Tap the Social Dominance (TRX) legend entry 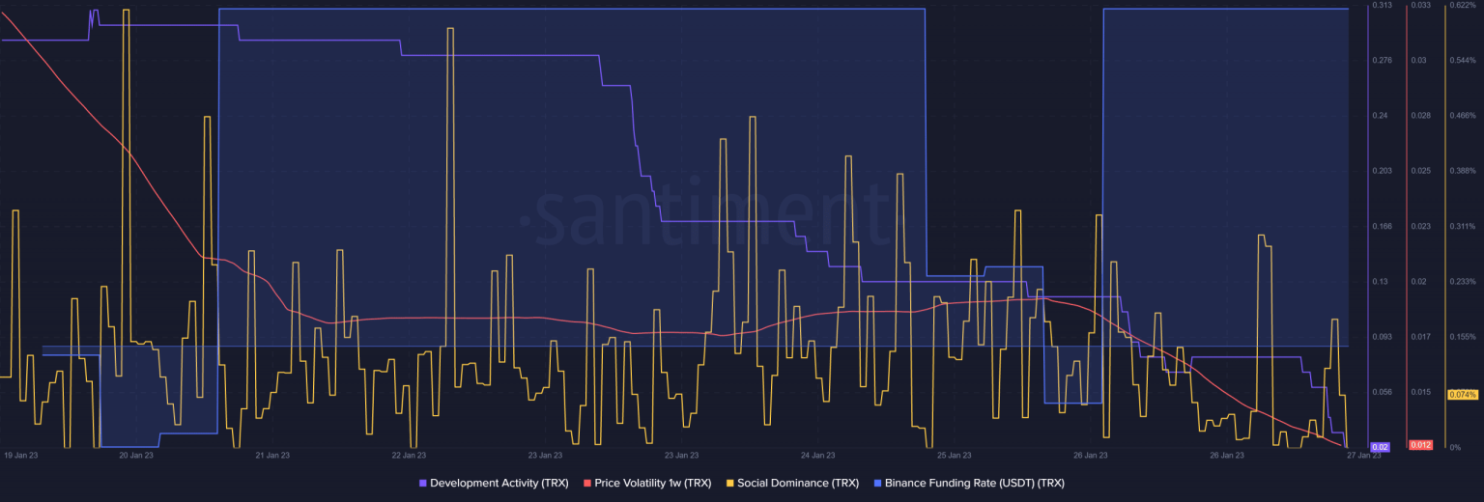tap(793, 483)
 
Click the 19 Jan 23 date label tap(21, 455)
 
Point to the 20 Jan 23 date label tap(135, 455)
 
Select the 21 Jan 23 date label tap(271, 455)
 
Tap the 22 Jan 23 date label tap(409, 455)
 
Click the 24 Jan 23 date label tap(817, 455)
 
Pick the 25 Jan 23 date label tap(954, 455)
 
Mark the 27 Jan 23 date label tap(1363, 455)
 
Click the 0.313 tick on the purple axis tap(1382, 6)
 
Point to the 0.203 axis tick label tap(1382, 171)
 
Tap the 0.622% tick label tap(1462, 6)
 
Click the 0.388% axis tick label tap(1462, 171)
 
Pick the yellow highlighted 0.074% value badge tap(1462, 394)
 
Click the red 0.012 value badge tap(1420, 445)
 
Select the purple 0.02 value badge tap(1381, 446)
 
